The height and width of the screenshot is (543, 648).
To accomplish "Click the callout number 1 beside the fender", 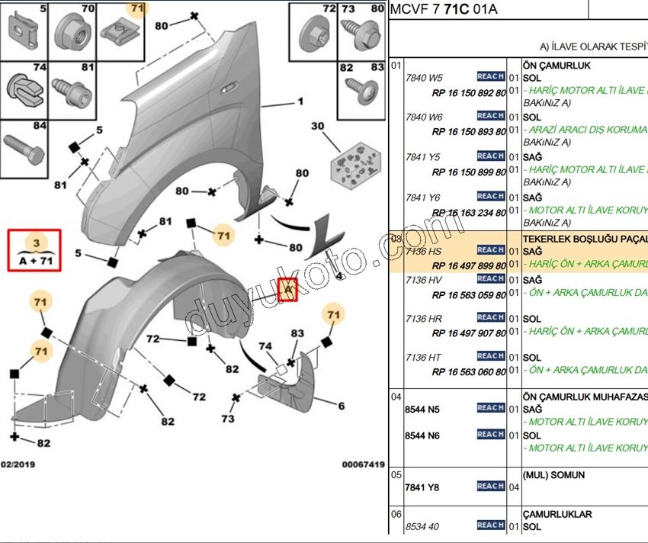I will [300, 101].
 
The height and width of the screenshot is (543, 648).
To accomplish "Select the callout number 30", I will [318, 126].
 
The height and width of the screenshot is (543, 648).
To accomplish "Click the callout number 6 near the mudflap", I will [341, 405].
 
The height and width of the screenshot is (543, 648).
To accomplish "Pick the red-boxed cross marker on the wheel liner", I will [287, 290].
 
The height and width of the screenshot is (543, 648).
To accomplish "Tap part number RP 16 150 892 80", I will [468, 92].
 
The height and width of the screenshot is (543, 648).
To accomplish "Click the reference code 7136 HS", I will [424, 251].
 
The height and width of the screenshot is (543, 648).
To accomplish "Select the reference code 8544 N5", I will [422, 409].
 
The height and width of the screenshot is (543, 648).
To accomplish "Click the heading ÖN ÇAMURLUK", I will [557, 66].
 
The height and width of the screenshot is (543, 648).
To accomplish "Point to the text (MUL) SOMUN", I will [553, 474].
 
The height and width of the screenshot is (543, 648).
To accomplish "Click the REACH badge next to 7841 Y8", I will [490, 486].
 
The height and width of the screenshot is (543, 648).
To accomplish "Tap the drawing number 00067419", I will [363, 464].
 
